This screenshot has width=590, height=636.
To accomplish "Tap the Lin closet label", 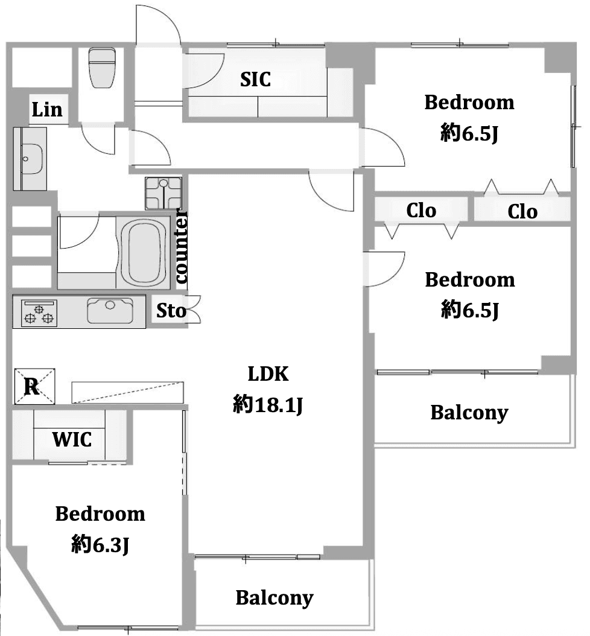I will pyautogui.click(x=47, y=110).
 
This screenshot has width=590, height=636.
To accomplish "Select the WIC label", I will pyautogui.click(x=72, y=439).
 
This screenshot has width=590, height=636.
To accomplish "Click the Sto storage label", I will pyautogui.click(x=171, y=311).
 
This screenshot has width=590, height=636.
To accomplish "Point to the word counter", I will pyautogui.click(x=181, y=248).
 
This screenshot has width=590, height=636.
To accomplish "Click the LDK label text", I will pyautogui.click(x=268, y=374).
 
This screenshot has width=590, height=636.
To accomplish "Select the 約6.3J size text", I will pyautogui.click(x=100, y=544).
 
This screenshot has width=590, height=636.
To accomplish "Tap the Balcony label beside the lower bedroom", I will pyautogui.click(x=469, y=413).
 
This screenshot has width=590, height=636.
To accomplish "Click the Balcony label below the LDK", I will pyautogui.click(x=274, y=598).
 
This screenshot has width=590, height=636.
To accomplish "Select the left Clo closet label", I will pyautogui.click(x=421, y=210).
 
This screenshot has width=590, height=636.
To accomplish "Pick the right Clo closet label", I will pyautogui.click(x=522, y=211).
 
